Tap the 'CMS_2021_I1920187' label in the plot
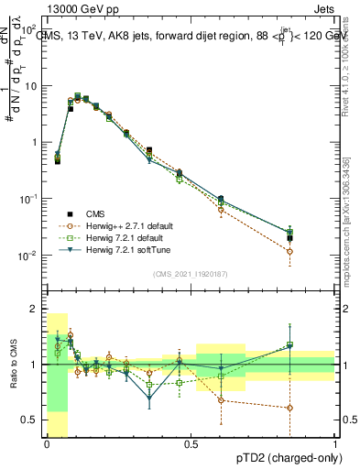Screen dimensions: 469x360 (190, 274)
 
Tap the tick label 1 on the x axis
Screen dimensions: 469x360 (335, 444)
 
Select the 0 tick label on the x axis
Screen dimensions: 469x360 (47, 444)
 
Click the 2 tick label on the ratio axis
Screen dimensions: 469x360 (34, 308)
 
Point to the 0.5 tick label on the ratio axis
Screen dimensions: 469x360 (30, 420)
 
